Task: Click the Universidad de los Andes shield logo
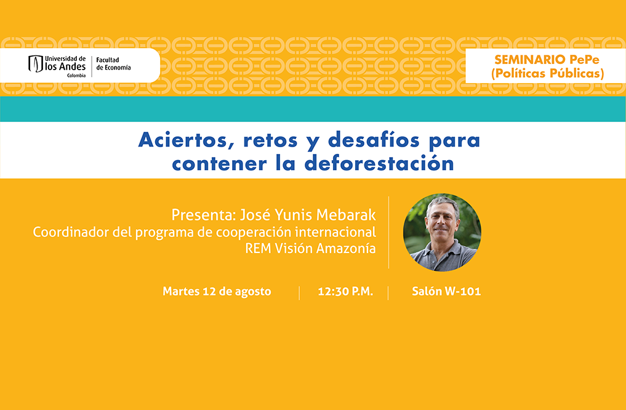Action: [36, 64]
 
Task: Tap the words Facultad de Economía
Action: [113, 64]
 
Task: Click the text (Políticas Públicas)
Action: [547, 73]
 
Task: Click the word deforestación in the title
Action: [379, 163]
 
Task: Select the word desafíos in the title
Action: [374, 140]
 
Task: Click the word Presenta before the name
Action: [203, 215]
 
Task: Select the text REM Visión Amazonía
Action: [310, 248]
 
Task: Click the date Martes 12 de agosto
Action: [217, 291]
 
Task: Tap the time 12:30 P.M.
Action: [345, 291]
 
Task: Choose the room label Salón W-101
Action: [446, 291]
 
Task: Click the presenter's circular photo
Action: [442, 232]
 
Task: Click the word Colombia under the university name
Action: [76, 76]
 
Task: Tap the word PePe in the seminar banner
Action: [585, 60]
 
